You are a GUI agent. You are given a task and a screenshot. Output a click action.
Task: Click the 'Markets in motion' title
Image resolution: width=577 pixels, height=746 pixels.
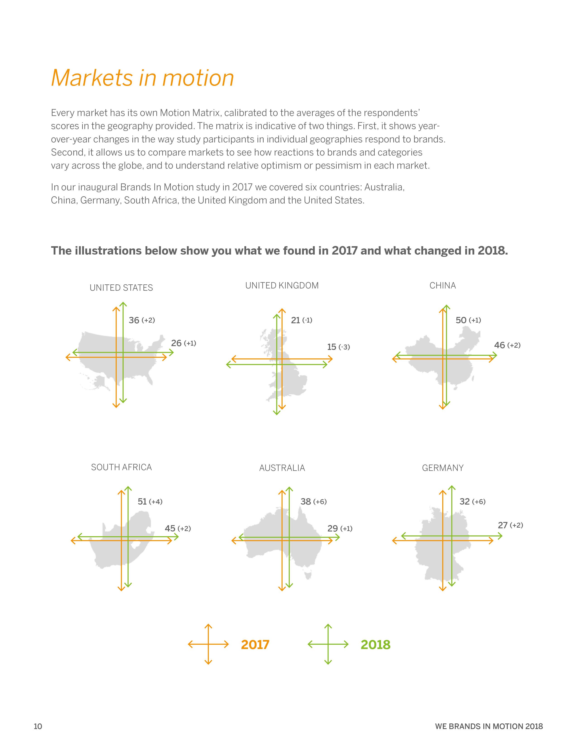143,78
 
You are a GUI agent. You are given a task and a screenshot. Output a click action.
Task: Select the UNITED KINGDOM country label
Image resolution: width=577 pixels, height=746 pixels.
282,286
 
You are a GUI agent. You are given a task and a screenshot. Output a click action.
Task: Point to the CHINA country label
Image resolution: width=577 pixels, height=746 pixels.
442,286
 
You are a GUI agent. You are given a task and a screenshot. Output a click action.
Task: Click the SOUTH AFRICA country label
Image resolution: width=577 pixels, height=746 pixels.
121,467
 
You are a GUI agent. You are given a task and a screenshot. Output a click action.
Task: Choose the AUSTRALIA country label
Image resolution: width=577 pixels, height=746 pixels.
282,468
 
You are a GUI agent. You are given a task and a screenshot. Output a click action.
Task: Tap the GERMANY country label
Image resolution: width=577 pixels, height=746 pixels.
442,468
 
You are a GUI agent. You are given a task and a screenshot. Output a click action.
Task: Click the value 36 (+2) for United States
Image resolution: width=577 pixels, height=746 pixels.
141,320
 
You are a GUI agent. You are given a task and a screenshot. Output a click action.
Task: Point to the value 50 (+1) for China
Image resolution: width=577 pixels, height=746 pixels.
468,320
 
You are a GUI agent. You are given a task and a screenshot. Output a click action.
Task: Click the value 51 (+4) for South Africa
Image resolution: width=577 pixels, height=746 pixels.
150,501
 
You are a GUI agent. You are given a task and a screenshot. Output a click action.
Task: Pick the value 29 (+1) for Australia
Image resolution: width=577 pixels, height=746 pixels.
339,529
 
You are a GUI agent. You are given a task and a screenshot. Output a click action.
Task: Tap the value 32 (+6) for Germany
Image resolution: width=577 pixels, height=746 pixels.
472,501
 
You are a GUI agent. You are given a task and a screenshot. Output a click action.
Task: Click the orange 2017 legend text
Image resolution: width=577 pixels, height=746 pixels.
255,644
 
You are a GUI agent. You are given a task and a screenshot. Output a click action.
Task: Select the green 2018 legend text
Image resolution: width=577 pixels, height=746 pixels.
375,644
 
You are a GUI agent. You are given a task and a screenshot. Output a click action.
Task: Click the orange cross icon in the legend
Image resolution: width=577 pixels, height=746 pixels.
208,644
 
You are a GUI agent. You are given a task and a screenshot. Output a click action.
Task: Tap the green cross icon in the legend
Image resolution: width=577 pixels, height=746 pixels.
328,644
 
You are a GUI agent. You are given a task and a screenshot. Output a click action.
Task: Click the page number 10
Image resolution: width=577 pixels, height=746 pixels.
38,726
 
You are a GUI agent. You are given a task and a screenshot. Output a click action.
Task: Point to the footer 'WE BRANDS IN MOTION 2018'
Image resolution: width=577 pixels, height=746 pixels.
489,726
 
